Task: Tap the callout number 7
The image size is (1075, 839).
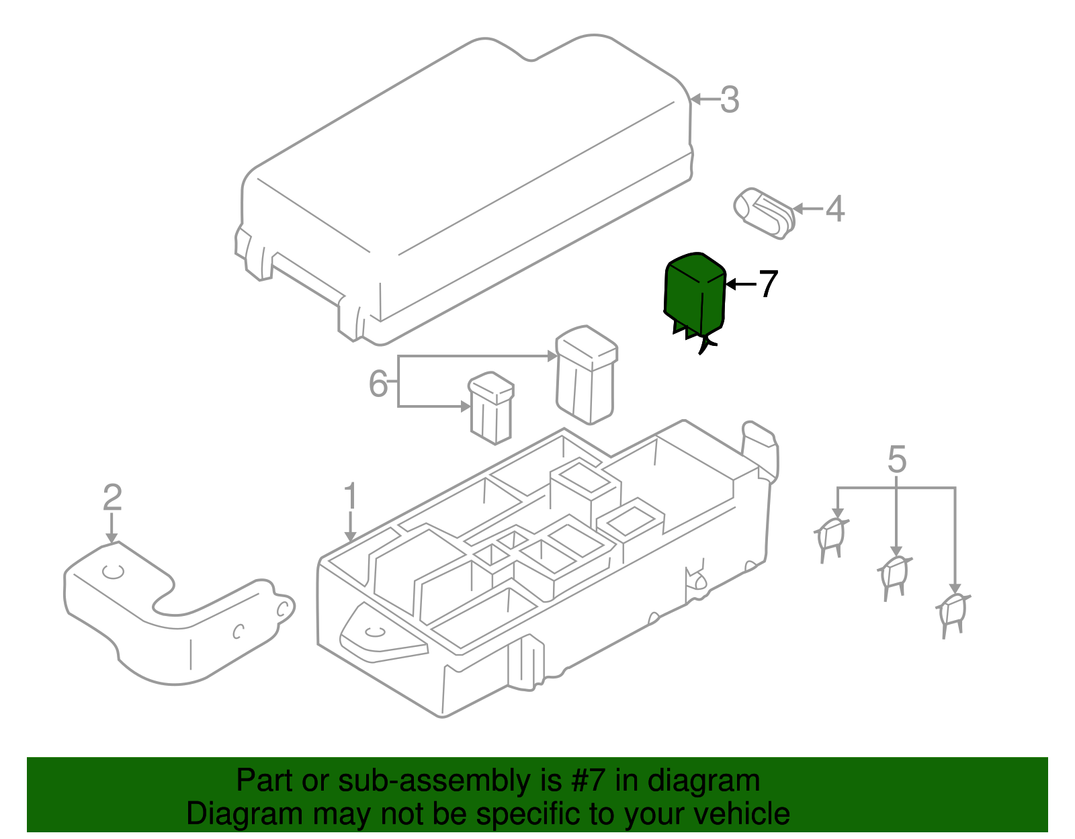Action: click(x=768, y=284)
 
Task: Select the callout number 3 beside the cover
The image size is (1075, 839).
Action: click(x=730, y=100)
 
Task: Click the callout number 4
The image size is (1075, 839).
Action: click(x=834, y=209)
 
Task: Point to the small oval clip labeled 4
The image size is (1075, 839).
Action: click(x=763, y=213)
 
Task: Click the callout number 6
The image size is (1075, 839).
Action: click(x=378, y=384)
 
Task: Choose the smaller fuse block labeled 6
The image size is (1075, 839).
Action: click(x=492, y=408)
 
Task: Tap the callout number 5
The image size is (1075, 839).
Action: click(x=897, y=459)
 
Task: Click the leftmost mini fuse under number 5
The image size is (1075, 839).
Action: click(x=831, y=538)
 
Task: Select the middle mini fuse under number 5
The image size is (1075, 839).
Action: click(x=894, y=576)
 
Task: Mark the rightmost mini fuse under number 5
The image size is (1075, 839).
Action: click(x=953, y=613)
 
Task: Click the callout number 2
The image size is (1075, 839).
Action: click(x=112, y=498)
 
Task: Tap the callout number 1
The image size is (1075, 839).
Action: click(x=350, y=497)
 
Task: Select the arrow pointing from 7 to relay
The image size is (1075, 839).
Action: click(x=740, y=284)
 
